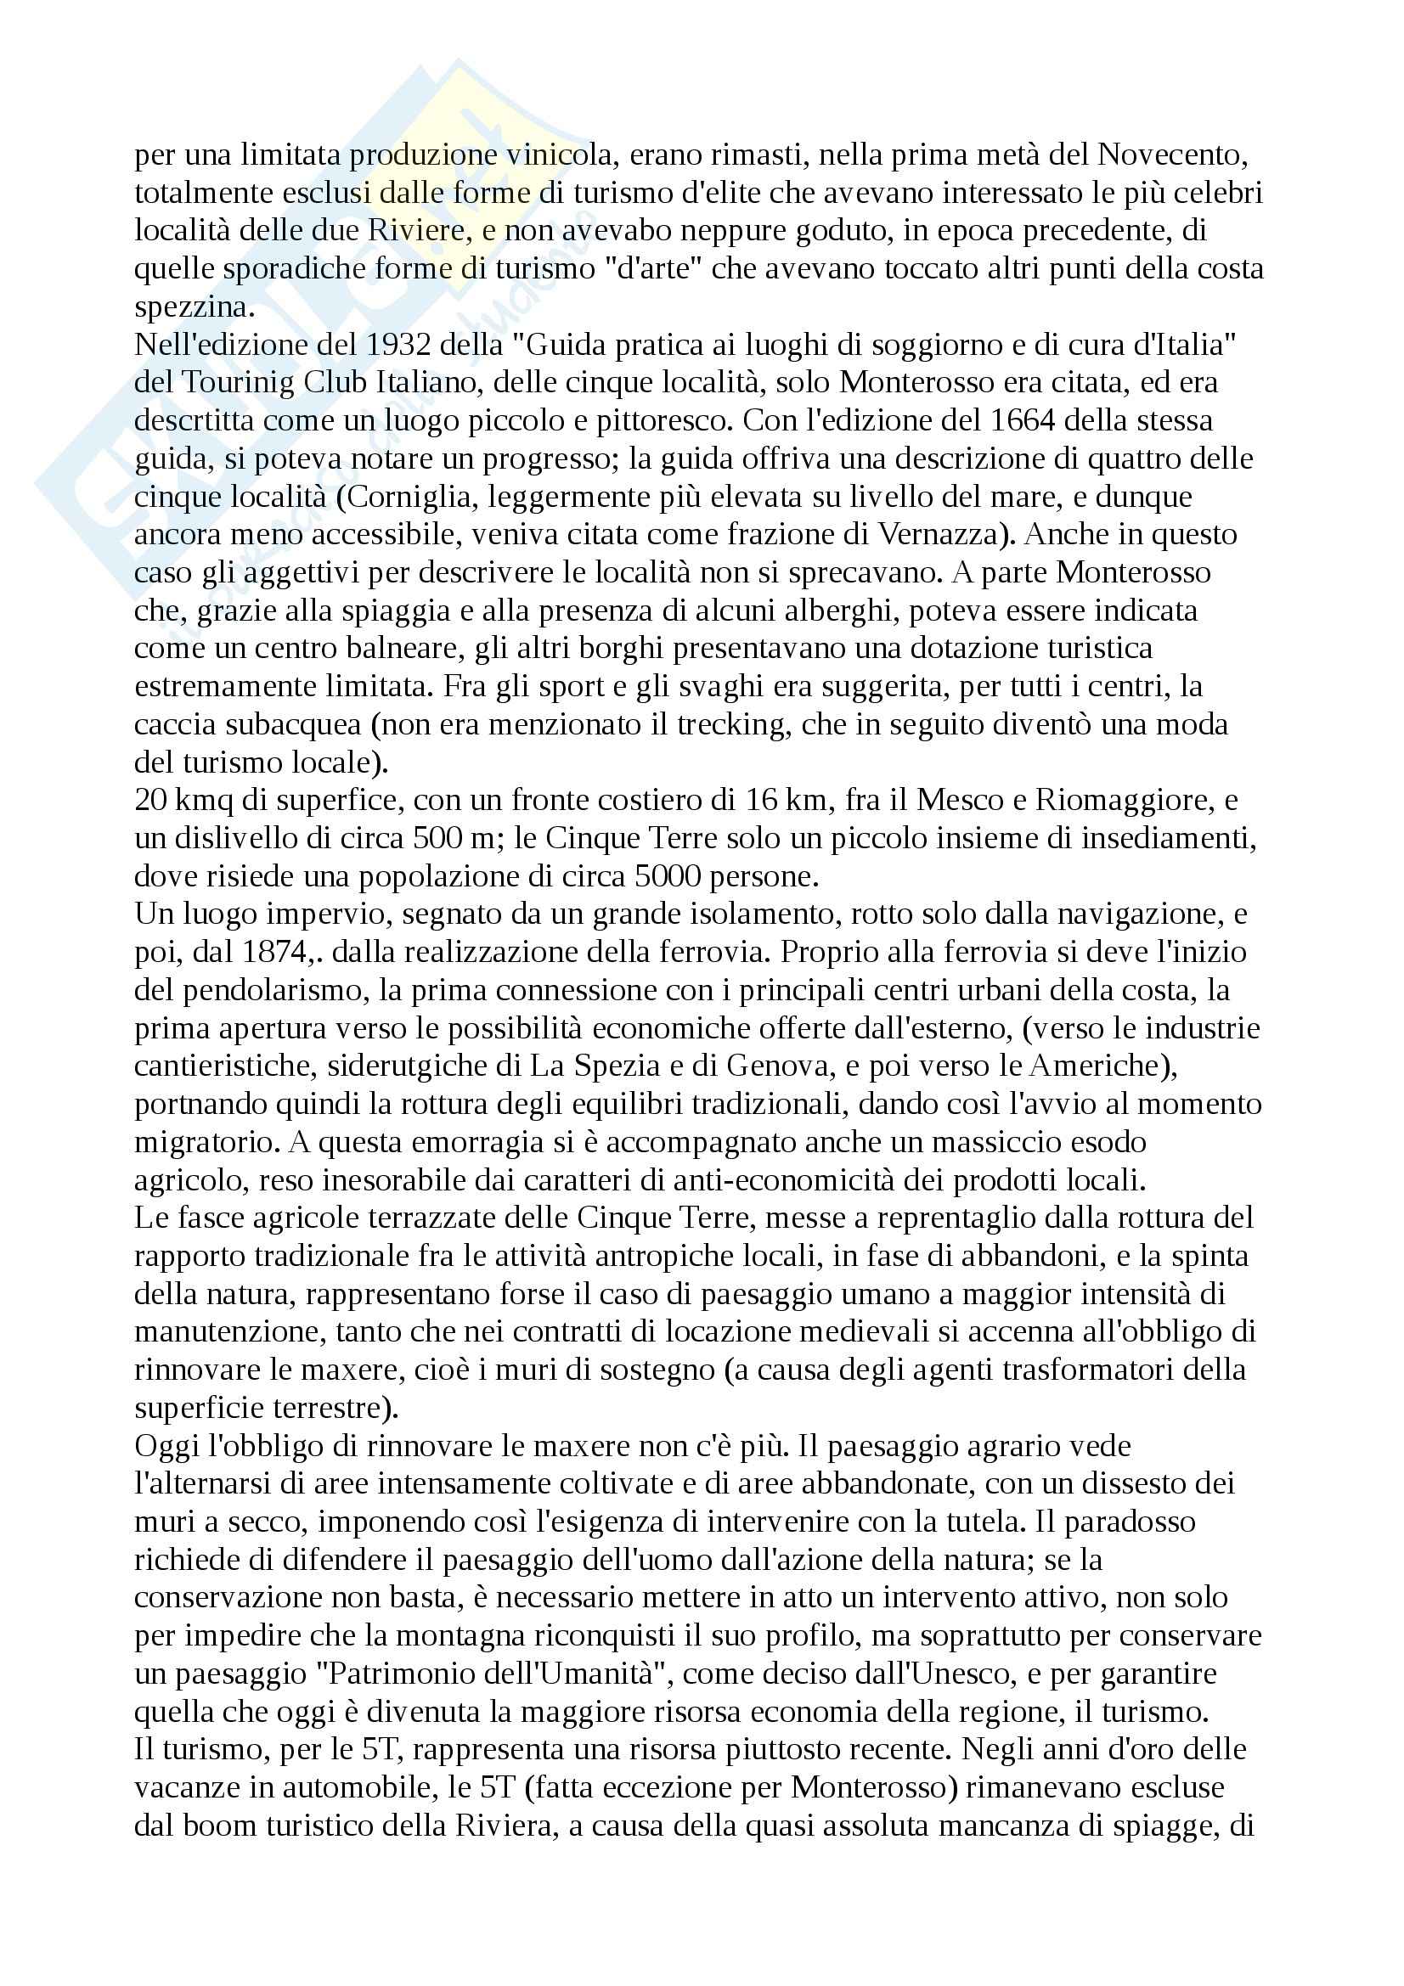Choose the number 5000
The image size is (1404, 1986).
[x=666, y=876]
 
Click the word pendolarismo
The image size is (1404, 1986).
[x=264, y=990]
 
